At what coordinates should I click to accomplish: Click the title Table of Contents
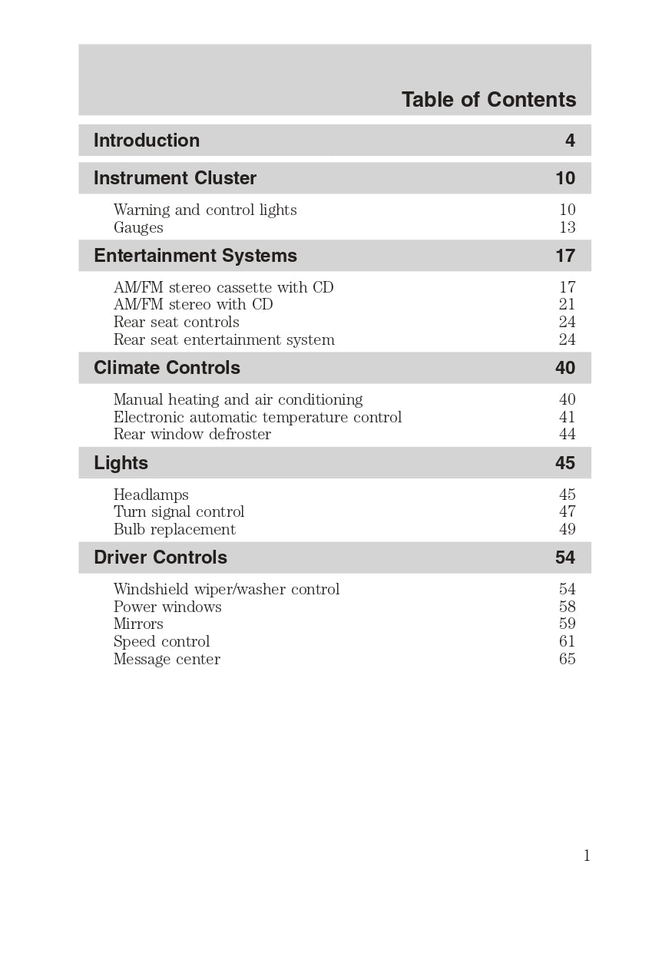click(x=488, y=100)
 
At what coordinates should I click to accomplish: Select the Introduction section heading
click(x=147, y=141)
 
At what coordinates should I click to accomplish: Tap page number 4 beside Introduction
click(x=570, y=141)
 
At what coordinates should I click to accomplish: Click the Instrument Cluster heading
click(x=175, y=178)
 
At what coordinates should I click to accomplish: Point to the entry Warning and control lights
click(x=205, y=210)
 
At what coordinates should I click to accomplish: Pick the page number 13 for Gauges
click(x=567, y=227)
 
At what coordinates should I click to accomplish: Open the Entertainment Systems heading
click(x=195, y=256)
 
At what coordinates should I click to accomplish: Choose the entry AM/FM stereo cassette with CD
click(x=223, y=287)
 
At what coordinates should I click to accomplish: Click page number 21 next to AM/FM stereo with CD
click(x=567, y=304)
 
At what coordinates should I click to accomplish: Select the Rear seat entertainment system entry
click(x=224, y=339)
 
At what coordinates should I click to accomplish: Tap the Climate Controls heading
click(x=167, y=368)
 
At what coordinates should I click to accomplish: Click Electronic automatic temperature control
click(x=257, y=417)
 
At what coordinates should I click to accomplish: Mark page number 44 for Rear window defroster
click(x=567, y=434)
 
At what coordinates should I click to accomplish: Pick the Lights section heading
click(x=121, y=463)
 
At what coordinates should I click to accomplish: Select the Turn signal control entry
click(x=179, y=511)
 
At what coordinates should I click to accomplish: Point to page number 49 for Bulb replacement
click(x=567, y=529)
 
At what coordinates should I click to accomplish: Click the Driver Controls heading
click(x=161, y=558)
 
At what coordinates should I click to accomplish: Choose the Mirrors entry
click(x=138, y=624)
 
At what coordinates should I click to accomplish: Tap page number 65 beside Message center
click(x=567, y=659)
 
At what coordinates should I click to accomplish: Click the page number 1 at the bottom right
click(x=587, y=856)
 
